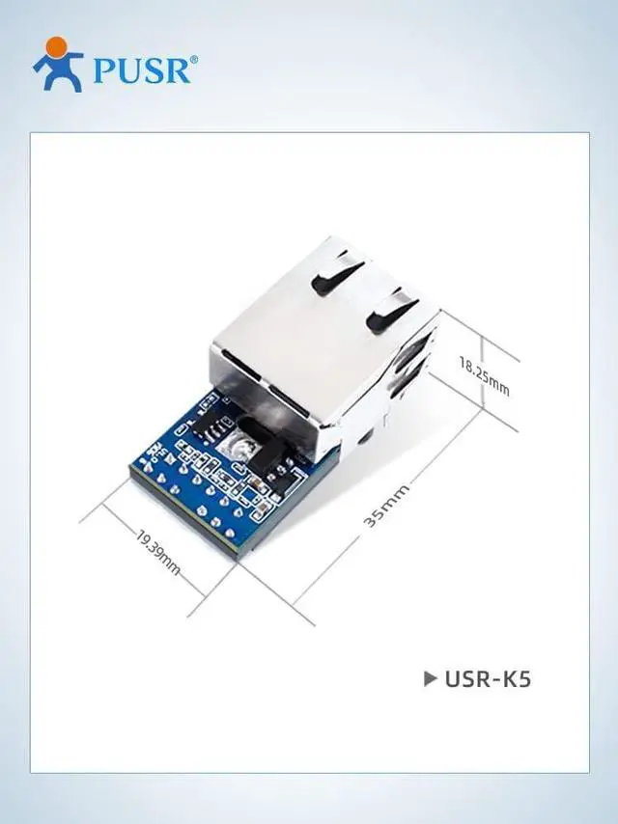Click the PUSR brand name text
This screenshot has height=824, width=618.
143,69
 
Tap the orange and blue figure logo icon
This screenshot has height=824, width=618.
58,65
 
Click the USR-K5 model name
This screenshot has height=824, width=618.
488,678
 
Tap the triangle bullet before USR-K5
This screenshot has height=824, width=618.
431,678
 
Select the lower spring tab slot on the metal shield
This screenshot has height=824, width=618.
392,311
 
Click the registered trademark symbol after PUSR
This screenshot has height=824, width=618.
194,59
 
